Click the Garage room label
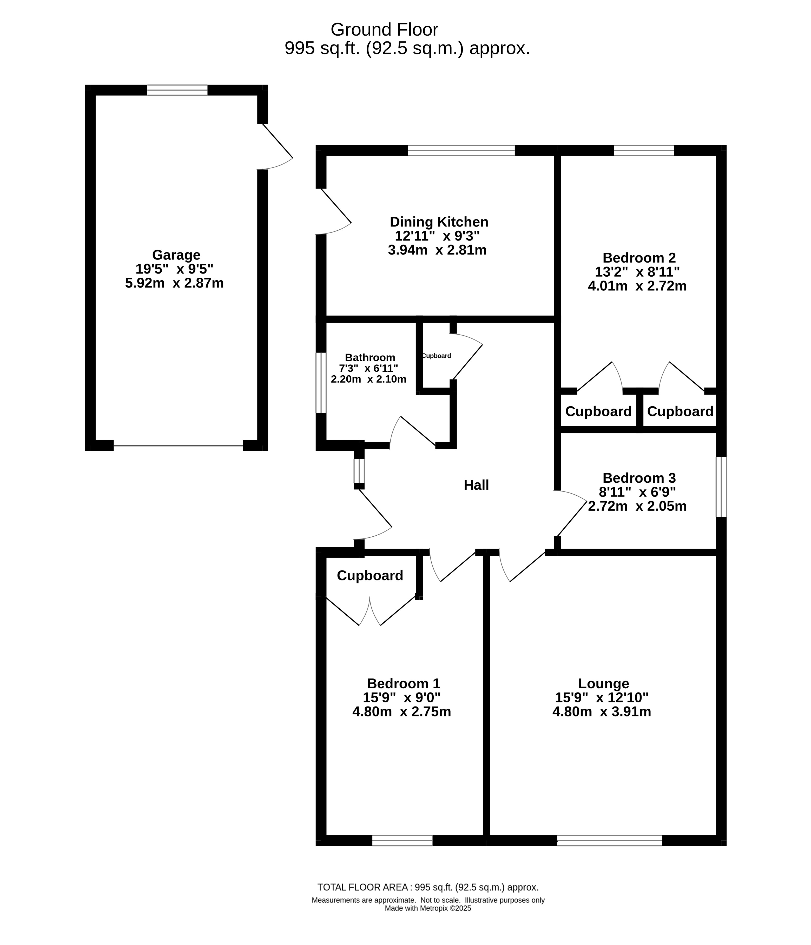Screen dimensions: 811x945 [176, 255]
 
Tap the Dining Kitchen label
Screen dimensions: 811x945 [439, 222]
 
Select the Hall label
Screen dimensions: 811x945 [476, 485]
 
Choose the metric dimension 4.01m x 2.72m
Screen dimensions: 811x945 [637, 286]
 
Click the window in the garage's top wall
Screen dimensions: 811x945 [177, 90]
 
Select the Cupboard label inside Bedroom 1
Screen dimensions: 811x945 [370, 576]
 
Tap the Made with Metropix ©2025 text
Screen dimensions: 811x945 [428, 921]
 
